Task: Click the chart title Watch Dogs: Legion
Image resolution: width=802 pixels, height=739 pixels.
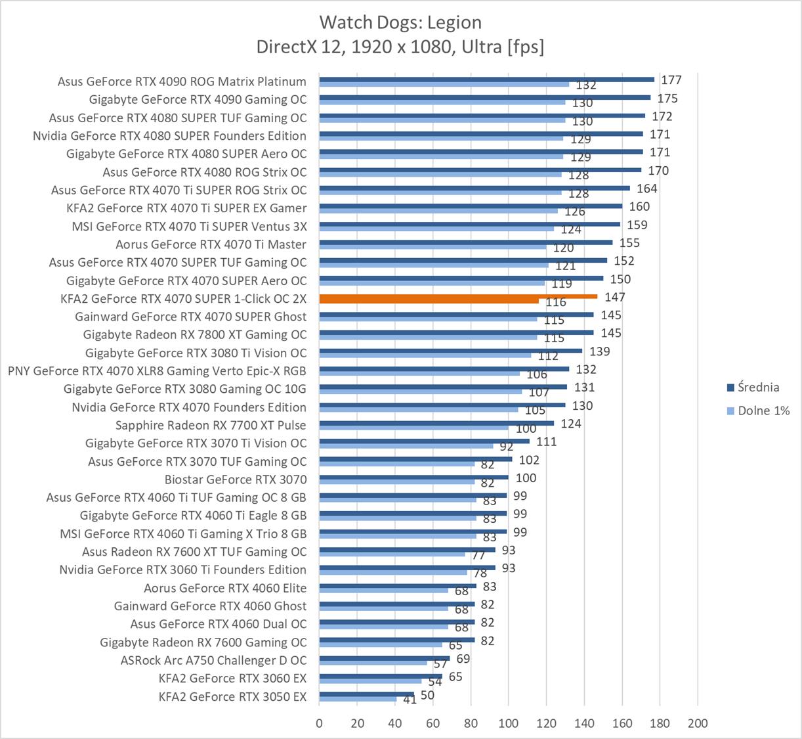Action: click(400, 22)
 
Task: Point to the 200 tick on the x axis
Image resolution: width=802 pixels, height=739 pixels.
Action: click(698, 723)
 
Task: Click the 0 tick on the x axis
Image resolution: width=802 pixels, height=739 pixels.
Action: click(319, 723)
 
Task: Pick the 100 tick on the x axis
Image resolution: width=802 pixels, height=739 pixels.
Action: click(508, 723)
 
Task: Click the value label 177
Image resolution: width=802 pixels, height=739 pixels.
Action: click(671, 80)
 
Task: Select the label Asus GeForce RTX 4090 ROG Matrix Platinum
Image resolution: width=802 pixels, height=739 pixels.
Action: click(182, 81)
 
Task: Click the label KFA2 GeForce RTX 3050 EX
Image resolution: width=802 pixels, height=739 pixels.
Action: click(232, 696)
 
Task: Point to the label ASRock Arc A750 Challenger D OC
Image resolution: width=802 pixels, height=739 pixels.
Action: click(213, 660)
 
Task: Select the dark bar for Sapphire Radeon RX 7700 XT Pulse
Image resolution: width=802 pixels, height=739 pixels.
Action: click(436, 423)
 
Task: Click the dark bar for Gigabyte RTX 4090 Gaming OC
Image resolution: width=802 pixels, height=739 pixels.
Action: click(484, 97)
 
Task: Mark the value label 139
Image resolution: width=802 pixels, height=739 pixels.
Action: click(599, 351)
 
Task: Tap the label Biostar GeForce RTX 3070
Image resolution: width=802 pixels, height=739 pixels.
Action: click(236, 480)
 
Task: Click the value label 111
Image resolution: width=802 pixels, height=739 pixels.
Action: click(546, 441)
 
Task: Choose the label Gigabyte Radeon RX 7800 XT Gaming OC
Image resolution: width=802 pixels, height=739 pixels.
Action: click(195, 334)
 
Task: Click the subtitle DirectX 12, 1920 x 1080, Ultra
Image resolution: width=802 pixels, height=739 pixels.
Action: click(400, 47)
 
